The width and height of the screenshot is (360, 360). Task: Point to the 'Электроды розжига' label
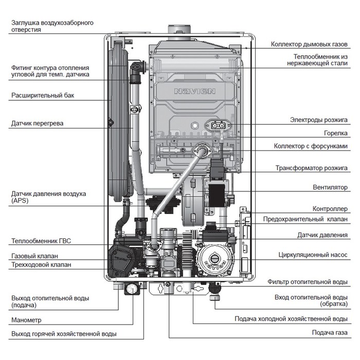(x=319, y=120)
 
